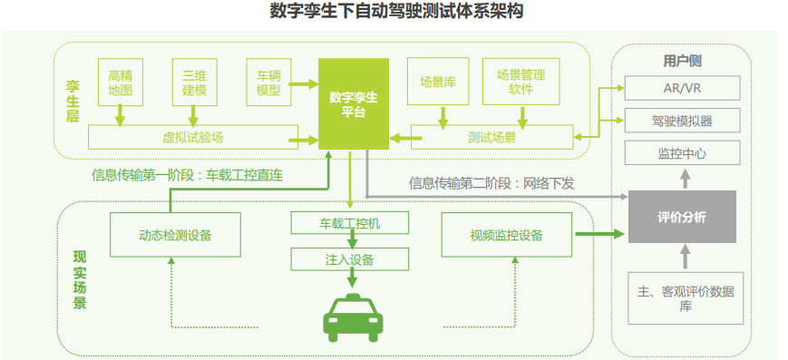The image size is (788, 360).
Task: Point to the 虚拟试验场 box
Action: pos(192,138)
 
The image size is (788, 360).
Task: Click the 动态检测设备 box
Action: pos(175,235)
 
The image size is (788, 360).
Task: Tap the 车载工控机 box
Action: pos(350,223)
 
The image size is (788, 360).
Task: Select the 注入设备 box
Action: pos(350,259)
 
